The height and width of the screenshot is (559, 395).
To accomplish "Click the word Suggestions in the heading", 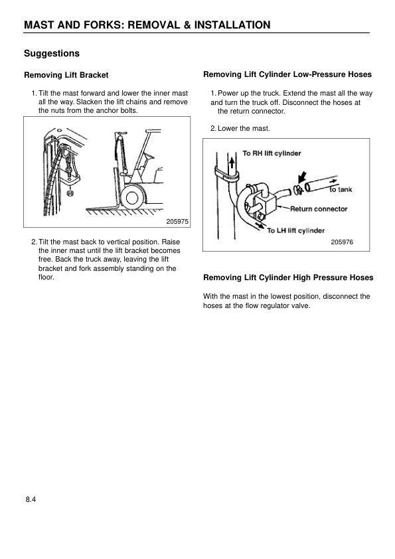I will click(52, 52).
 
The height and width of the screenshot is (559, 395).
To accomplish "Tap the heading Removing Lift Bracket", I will click(66, 75).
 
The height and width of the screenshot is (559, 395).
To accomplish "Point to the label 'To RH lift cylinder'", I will click(272, 153).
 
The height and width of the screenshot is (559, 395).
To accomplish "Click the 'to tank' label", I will click(341, 189).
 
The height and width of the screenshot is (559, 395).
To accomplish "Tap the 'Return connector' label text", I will click(319, 208).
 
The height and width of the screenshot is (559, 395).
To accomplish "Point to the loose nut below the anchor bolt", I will click(71, 195).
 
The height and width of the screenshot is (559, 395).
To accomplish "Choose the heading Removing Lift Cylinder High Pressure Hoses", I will click(287, 278).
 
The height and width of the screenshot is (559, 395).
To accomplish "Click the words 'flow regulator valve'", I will click(279, 306).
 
